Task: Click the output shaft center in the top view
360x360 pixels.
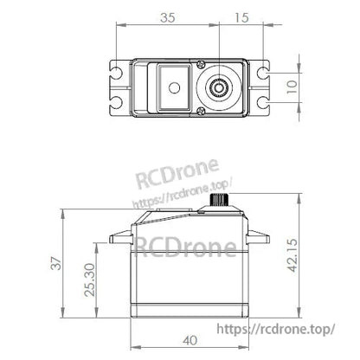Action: click(x=220, y=87)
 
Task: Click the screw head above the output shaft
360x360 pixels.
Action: click(x=201, y=64)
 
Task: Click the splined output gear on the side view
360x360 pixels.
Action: click(x=220, y=203)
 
